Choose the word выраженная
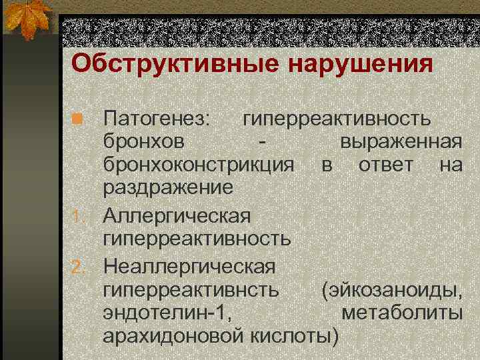click(401, 143)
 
